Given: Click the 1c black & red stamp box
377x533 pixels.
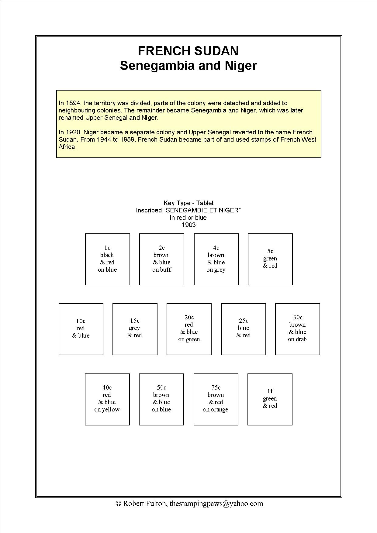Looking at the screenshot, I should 107,259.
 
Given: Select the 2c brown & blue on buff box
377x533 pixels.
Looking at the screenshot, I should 161,259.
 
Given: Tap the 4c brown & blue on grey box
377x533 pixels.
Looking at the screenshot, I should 216,259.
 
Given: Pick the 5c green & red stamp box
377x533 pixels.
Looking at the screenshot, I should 270,259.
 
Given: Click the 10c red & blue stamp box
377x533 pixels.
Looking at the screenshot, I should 81,329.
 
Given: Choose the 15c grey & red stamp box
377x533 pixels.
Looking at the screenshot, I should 135,329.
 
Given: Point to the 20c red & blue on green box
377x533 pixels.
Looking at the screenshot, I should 189,329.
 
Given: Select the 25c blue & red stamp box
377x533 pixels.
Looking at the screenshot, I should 243,329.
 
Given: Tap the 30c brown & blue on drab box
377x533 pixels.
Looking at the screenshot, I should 297,329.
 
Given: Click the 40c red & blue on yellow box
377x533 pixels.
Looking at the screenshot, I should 107,399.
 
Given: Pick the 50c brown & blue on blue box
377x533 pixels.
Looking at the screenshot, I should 161,399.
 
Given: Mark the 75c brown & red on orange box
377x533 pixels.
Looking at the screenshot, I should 216,399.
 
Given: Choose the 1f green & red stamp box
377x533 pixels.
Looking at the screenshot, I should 270,399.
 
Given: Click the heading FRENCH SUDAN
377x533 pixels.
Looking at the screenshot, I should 188,51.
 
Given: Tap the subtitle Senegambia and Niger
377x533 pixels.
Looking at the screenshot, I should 188,66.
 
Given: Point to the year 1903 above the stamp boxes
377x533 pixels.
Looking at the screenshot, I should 188,225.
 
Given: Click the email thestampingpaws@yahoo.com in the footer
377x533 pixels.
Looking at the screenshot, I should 216,504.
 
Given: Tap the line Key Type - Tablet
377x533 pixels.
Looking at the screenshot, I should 188,203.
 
